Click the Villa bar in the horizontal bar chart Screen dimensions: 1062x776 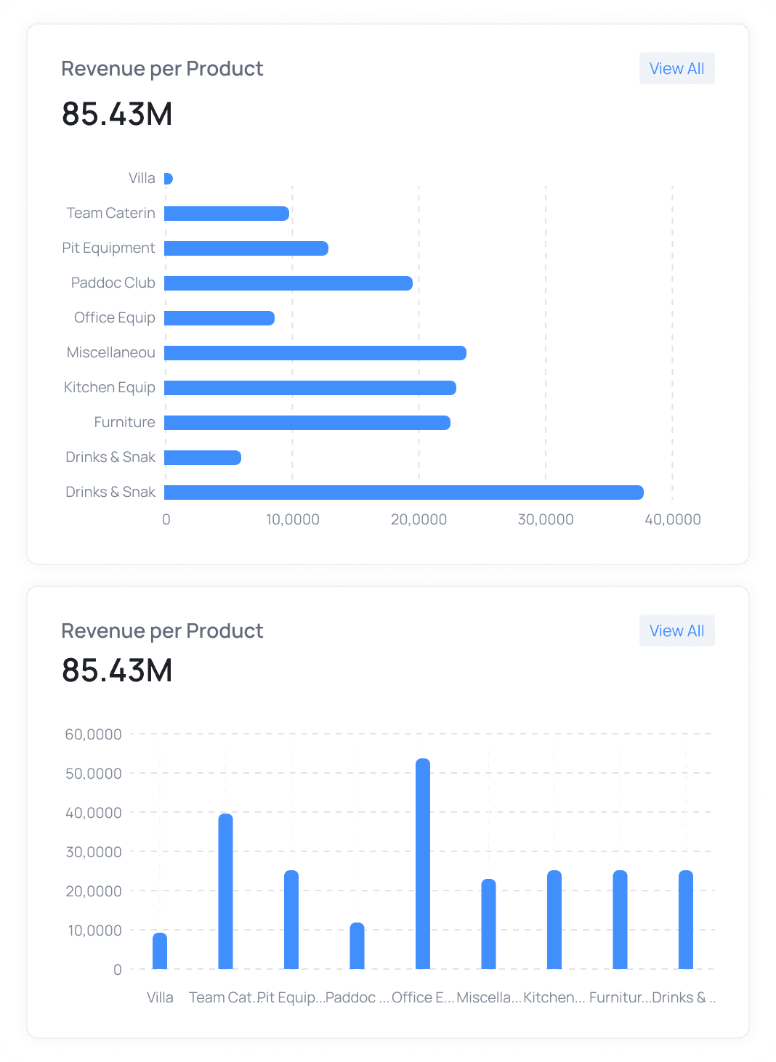(x=168, y=179)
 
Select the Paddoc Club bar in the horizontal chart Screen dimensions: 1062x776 (x=288, y=283)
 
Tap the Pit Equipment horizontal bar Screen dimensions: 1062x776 (x=246, y=248)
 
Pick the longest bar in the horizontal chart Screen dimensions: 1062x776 (x=403, y=493)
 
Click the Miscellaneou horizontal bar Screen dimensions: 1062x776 (x=315, y=353)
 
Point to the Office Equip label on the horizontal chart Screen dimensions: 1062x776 (x=115, y=317)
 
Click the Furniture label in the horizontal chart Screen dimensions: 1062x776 (x=124, y=422)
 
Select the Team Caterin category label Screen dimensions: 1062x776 (x=111, y=213)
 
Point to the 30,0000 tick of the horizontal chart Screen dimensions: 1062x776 (x=546, y=519)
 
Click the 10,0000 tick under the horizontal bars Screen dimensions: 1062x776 (x=293, y=519)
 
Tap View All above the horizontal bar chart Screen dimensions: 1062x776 (x=676, y=68)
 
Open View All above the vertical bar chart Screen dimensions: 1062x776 (x=676, y=631)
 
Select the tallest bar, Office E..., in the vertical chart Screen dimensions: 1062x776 (x=423, y=864)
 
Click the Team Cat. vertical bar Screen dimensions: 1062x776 (x=226, y=891)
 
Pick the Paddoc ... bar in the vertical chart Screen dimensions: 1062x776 (x=357, y=946)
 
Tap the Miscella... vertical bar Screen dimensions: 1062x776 (x=488, y=924)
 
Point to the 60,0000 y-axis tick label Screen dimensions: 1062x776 (x=94, y=734)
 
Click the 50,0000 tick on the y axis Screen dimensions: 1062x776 (x=94, y=774)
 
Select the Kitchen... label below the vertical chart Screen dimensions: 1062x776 (x=554, y=997)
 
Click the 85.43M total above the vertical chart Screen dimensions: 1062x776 (x=117, y=670)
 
